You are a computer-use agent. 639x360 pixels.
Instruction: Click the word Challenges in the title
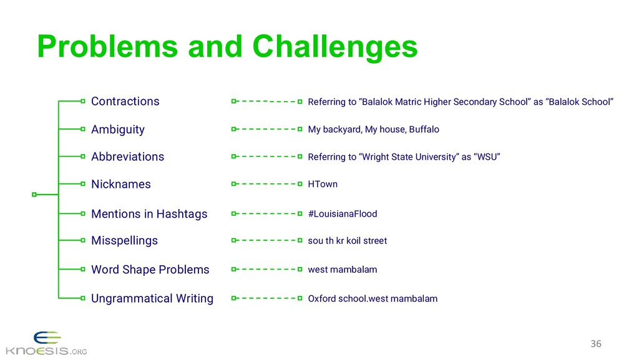[334, 47]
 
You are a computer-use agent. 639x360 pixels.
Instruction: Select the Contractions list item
[125, 101]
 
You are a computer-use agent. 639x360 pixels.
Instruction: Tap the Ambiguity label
[117, 129]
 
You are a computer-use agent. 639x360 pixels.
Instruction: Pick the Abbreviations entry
[127, 157]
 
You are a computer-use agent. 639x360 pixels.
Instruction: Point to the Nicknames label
[120, 184]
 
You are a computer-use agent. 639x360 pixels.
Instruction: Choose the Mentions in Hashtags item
[149, 213]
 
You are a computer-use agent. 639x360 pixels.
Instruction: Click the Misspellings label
[124, 240]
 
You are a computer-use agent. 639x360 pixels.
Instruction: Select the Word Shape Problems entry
[150, 270]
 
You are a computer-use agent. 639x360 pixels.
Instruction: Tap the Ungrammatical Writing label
[152, 298]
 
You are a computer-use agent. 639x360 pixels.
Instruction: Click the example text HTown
[323, 184]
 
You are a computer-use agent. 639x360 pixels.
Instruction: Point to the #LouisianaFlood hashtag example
[343, 213]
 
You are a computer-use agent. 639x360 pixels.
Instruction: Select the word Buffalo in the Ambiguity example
[424, 129]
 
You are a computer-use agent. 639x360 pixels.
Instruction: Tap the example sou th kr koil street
[347, 241]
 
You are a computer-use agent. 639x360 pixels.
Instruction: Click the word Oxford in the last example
[322, 298]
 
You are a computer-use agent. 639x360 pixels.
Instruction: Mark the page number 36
[596, 344]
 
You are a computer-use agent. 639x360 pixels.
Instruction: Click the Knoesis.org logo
[45, 343]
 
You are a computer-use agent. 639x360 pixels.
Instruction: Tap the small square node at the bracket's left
[34, 195]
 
